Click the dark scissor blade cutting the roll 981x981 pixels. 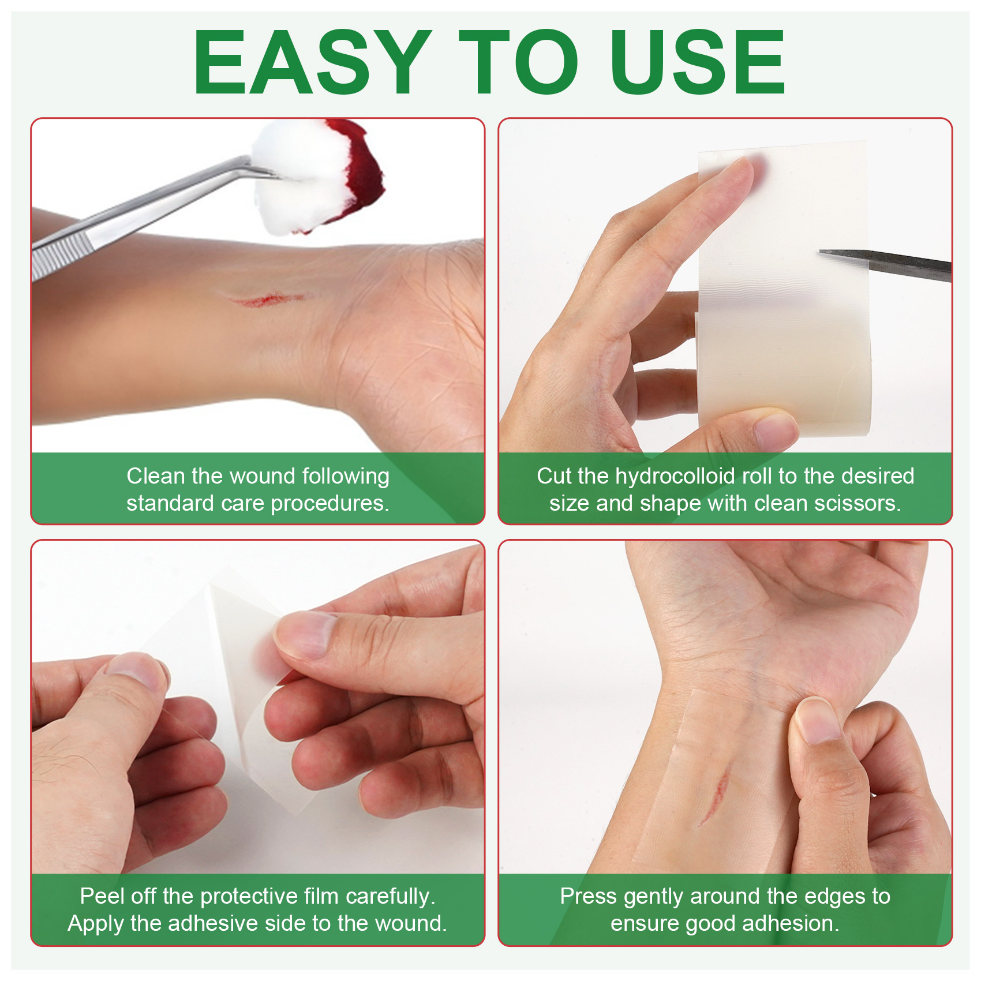point(885,265)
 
